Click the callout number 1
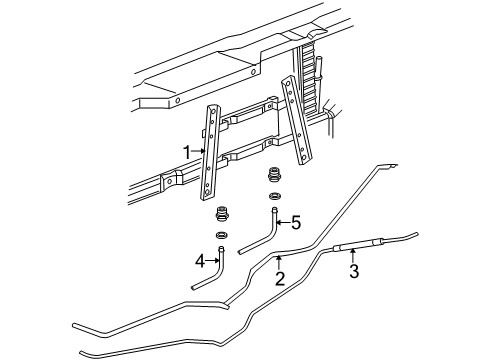tap(186, 151)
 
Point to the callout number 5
tap(296, 223)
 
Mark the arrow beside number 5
tap(283, 223)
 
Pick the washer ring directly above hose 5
tap(274, 195)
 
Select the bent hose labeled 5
tap(265, 232)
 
